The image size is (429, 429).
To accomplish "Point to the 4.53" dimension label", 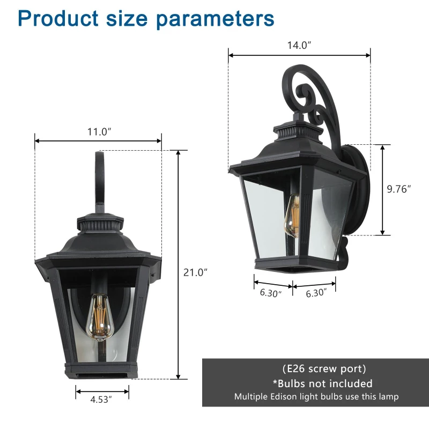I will [102, 399].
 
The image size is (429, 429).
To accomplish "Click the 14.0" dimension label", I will [299, 46].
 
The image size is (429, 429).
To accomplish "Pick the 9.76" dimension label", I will [399, 189].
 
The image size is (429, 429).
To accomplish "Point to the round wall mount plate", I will [358, 188].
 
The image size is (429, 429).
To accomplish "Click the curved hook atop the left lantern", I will [99, 177].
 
